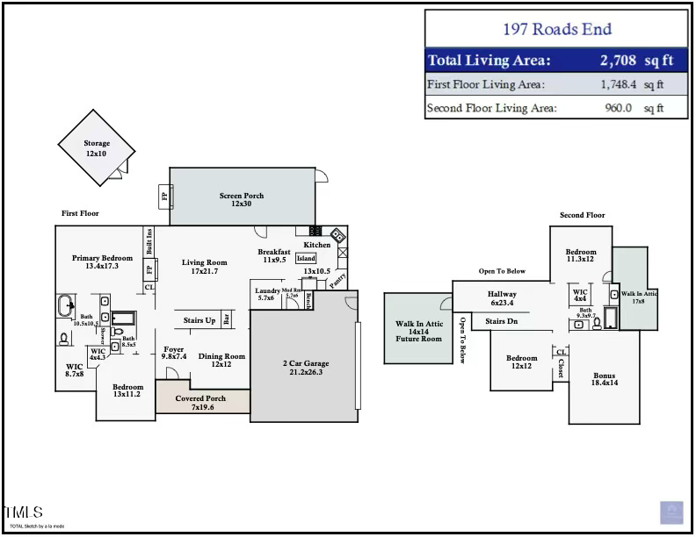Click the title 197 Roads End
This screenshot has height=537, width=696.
click(x=556, y=28)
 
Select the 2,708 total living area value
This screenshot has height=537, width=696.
click(x=623, y=61)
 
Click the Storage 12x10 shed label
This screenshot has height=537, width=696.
click(x=97, y=148)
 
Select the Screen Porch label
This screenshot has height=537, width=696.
click(x=242, y=199)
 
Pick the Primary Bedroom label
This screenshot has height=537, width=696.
click(x=103, y=261)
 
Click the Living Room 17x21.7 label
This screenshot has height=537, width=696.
click(x=205, y=267)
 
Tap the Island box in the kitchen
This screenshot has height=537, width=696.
click(x=306, y=259)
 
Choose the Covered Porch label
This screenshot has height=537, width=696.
click(x=200, y=403)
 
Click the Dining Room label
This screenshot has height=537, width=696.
click(x=221, y=360)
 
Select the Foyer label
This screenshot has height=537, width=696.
click(x=174, y=353)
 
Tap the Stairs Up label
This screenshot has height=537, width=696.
click(x=199, y=321)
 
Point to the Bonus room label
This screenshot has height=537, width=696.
click(x=605, y=379)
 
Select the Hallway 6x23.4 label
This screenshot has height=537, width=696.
click(x=502, y=298)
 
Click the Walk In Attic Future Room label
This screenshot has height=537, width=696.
click(x=419, y=331)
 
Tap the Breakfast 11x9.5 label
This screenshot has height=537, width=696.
click(x=274, y=255)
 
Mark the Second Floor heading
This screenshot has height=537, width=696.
click(x=583, y=215)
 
